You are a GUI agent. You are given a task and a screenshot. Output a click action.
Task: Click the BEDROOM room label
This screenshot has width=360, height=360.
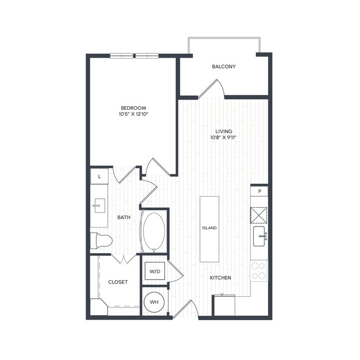133,107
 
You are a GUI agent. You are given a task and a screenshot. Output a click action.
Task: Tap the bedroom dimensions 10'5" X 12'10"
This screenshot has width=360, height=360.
133,114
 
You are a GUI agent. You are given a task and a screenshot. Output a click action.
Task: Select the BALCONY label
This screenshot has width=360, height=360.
224,66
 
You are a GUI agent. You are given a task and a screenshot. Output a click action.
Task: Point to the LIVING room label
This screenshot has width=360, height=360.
224,131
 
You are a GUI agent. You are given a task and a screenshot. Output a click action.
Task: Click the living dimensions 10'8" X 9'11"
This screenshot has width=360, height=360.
224,138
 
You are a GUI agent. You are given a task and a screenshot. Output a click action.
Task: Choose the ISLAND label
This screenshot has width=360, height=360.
209,228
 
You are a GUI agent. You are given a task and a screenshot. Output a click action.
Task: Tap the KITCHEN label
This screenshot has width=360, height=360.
220,277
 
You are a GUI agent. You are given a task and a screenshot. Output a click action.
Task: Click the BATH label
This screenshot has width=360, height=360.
124,217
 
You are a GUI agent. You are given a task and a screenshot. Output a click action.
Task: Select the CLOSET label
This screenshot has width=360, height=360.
117,282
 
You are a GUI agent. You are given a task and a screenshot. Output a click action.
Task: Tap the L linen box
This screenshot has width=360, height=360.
99,176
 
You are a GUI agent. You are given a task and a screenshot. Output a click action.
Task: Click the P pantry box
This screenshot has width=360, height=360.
259,191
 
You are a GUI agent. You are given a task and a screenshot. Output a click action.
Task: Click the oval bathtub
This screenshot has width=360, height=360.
153,232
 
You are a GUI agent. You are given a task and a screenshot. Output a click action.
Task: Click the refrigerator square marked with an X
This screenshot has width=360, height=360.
259,214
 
